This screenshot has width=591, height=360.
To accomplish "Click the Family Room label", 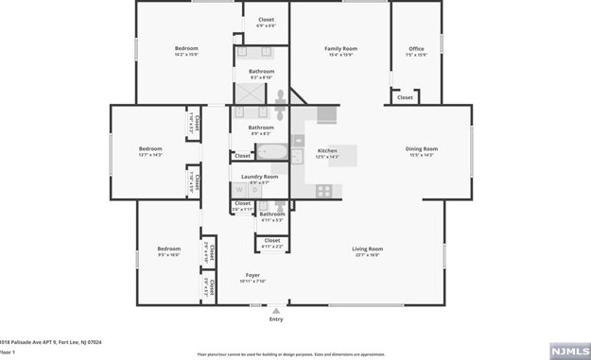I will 340,48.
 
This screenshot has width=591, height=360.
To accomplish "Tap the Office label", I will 416,48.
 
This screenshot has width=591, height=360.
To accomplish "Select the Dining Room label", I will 422,148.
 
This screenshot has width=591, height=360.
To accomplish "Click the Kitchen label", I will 327,151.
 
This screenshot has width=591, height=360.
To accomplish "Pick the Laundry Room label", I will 259,177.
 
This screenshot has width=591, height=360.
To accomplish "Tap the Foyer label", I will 252,276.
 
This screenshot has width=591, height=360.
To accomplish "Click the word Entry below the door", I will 276,319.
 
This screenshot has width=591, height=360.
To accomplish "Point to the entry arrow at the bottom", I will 276,310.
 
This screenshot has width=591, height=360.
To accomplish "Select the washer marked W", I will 239,190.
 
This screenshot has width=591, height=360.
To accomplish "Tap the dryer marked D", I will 254,190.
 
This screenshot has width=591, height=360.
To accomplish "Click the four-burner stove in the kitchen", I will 324,190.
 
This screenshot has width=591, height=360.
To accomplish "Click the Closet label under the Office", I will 405,97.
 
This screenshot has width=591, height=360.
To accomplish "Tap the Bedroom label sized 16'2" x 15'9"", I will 186,48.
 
